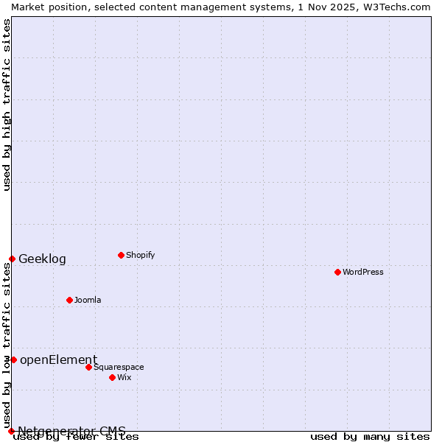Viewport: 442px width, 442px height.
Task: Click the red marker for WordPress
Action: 337,272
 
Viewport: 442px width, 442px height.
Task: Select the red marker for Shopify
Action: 121,255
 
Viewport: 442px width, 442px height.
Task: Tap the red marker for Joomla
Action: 69,300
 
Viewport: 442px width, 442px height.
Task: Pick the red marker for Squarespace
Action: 88,367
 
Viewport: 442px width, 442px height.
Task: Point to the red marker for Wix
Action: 112,377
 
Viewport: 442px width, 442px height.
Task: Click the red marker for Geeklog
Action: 12,259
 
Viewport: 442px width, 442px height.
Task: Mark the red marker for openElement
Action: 13,359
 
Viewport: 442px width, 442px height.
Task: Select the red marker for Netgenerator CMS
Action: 11,431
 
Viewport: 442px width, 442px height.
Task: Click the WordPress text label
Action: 363,272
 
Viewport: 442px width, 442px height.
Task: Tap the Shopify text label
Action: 140,255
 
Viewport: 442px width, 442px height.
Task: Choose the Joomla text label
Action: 88,300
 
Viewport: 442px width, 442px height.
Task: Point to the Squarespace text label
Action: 119,367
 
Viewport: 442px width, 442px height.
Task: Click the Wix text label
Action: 124,377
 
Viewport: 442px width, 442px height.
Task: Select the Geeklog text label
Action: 42,259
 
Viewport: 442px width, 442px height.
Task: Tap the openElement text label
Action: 58,359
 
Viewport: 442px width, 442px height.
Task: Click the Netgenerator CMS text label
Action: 71,430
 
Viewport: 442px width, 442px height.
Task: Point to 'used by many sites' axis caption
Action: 370,436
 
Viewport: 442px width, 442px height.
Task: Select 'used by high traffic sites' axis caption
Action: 7,105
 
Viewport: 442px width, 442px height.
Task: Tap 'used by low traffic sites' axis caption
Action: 7,346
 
